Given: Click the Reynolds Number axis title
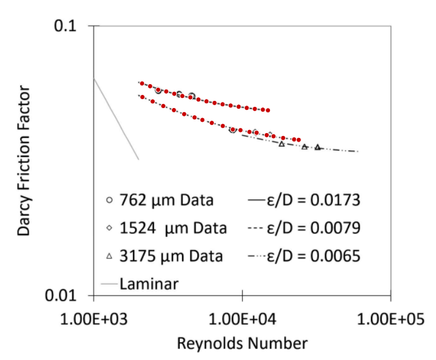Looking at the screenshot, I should (x=242, y=343).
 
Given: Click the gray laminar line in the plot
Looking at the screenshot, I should (x=116, y=119).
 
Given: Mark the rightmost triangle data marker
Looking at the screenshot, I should (x=318, y=147).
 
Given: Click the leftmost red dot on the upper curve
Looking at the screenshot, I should (x=142, y=84).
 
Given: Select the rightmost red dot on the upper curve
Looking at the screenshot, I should (x=268, y=110).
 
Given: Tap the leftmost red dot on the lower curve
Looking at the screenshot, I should (x=142, y=97).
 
